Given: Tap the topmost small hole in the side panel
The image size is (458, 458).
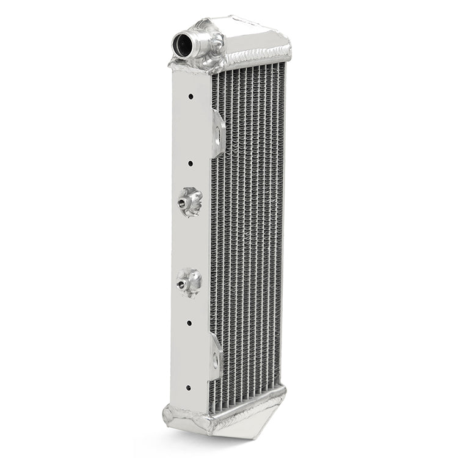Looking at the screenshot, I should coord(191,96).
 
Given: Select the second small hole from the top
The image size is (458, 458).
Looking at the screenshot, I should coord(191,163).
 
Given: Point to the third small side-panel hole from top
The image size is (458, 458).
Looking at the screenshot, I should coord(189,322).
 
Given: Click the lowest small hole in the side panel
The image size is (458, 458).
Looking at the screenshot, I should coord(188,387).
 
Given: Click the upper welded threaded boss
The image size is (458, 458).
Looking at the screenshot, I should coord(190,201).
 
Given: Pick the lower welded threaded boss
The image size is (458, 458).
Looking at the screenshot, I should coord(189,282).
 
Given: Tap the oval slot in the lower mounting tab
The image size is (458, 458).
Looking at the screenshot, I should coord(215,360).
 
